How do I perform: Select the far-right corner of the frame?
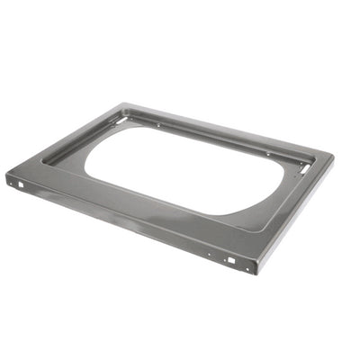pyautogui.click(x=334, y=157)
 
